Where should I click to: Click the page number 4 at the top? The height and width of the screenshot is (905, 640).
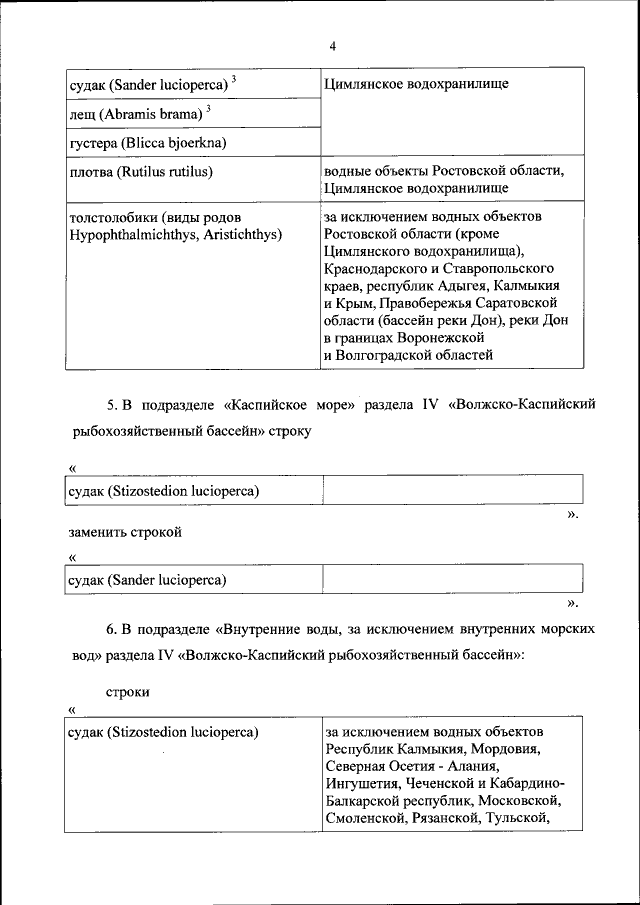[332, 45]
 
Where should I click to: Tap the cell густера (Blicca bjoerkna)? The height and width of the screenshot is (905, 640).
[147, 143]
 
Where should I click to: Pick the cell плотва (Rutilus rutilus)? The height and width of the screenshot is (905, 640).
[141, 172]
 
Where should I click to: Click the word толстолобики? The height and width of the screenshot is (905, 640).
[109, 217]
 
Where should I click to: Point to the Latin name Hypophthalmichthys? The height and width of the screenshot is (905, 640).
[131, 234]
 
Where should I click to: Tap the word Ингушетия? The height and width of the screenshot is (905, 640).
[364, 784]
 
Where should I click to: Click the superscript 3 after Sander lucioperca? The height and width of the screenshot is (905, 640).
[234, 78]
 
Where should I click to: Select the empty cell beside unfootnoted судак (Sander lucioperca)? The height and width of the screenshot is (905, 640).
[452, 579]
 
